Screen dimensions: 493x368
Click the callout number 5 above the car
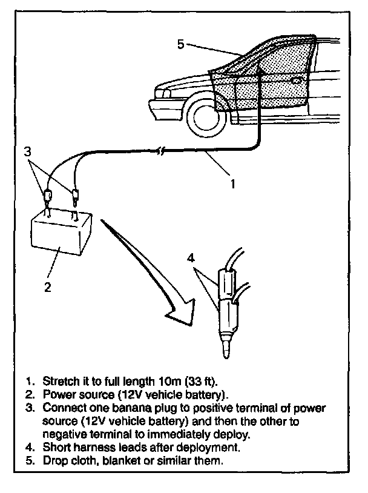tap(180, 44)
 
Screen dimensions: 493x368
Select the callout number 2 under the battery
tap(48, 286)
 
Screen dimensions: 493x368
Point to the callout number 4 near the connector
tap(191, 258)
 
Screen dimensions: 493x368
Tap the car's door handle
tap(297, 80)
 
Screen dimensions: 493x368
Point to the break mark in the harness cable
tap(159, 150)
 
